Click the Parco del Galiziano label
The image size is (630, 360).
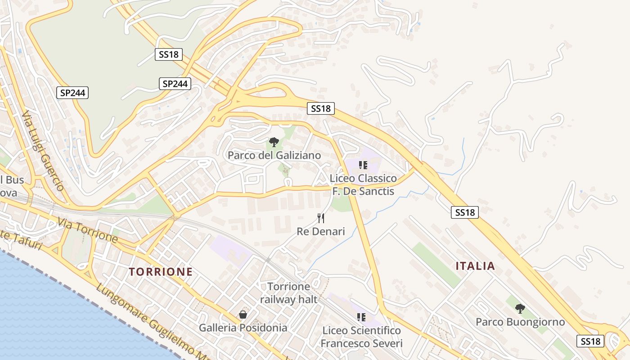click(274, 156)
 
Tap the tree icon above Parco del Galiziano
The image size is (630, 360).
click(274, 143)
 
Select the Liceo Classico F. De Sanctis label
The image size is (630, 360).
click(363, 184)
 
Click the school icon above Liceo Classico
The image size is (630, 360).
click(363, 165)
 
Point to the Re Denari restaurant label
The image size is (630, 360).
click(321, 232)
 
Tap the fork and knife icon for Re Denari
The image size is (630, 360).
click(321, 219)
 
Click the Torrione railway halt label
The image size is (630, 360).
click(288, 293)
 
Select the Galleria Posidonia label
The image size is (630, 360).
click(243, 328)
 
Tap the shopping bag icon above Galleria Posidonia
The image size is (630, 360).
click(243, 315)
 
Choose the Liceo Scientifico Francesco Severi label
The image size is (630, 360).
click(361, 337)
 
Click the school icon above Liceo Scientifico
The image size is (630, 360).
click(361, 317)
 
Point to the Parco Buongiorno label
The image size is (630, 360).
click(520, 322)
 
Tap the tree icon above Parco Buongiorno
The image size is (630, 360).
click(520, 309)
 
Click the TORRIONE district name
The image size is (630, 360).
click(161, 272)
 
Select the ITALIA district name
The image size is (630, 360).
click(475, 266)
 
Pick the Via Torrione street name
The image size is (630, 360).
click(87, 229)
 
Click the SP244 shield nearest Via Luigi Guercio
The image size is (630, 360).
click(72, 93)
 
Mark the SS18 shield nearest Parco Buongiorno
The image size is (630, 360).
click(590, 341)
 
